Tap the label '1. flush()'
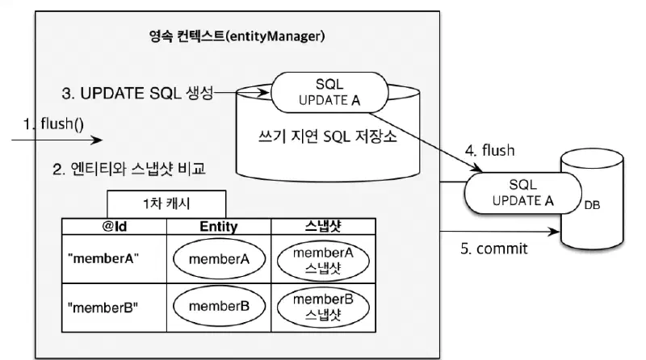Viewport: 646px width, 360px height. [54, 126]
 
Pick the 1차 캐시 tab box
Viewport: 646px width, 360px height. [166, 203]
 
